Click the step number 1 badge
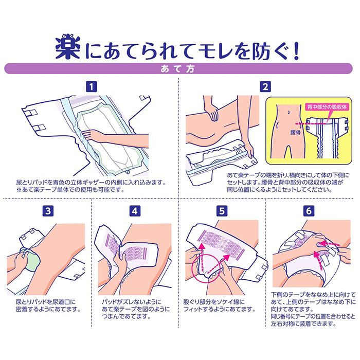pos(92,87)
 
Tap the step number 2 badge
pos(265,87)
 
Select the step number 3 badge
pos(48,211)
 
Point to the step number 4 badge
pos(135,211)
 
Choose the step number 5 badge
pos(222,211)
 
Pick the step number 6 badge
pos(309,211)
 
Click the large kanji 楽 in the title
pos(68,49)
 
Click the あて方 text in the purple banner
pos(177,68)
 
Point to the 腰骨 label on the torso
pos(295,132)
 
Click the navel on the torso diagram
pos(289,112)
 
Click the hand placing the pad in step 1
pos(97,135)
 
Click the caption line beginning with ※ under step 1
pos(70,190)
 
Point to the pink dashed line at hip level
pos(311,124)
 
